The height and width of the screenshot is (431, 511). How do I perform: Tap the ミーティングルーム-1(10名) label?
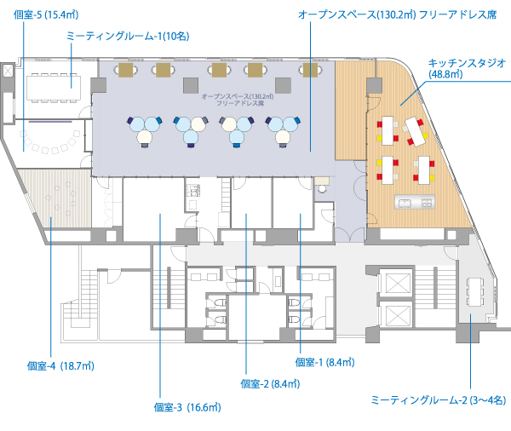pos(128,36)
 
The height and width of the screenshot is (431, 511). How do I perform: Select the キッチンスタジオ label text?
pos(467,62)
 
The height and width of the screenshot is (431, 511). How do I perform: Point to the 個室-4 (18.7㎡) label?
pos(60,366)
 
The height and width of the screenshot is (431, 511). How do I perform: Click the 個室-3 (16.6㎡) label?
pos(188,406)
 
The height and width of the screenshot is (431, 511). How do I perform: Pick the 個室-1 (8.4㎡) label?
pos(324,361)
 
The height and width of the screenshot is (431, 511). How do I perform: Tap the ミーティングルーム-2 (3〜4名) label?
pos(439,399)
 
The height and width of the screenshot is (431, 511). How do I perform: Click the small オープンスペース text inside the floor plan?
pos(238,99)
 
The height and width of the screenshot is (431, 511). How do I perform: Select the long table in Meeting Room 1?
pos(53,86)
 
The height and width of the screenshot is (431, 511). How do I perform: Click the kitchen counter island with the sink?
pos(414,203)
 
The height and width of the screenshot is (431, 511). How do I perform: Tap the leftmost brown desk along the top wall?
pos(127,70)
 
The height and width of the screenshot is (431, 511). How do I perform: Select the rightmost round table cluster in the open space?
pos(284,129)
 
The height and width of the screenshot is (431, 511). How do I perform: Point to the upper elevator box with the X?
pos(396,282)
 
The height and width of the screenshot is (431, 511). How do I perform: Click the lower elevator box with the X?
pos(396,316)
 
